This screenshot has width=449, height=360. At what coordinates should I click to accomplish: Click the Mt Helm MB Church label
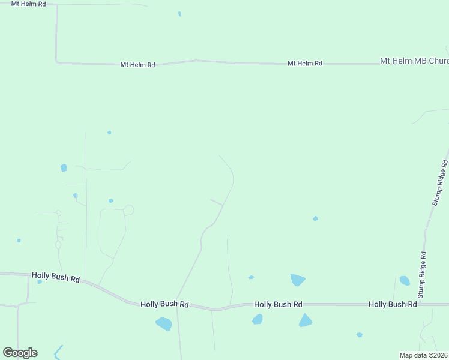click(414, 61)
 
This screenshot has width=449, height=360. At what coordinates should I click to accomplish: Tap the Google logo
click(20, 353)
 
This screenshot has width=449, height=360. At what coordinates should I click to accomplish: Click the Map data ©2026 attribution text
click(424, 355)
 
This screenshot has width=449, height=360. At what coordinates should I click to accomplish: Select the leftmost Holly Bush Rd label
click(56, 277)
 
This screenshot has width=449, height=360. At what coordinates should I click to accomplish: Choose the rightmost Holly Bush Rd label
click(393, 305)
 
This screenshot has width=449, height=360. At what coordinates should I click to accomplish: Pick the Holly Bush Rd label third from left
click(278, 305)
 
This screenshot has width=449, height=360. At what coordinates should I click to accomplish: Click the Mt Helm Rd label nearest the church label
click(305, 63)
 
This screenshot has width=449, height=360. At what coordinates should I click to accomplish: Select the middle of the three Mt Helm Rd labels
click(137, 64)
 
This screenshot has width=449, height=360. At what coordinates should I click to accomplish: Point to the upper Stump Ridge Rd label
click(440, 182)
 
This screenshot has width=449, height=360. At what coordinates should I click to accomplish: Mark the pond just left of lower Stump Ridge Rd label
click(405, 280)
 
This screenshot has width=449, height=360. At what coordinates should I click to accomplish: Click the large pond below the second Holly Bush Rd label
click(164, 324)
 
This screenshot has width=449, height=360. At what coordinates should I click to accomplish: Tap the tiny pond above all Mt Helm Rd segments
click(179, 13)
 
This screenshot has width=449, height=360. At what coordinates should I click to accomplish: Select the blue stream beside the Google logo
click(58, 352)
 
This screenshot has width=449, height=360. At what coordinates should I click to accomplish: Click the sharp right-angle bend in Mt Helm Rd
click(56, 61)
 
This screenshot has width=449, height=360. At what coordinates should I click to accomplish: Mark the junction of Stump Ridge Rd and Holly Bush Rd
click(420, 304)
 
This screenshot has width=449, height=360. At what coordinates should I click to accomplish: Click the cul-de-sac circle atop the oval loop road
click(128, 210)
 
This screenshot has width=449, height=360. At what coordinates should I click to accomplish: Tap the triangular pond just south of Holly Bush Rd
click(306, 320)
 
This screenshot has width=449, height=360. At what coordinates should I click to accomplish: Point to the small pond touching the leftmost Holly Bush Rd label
click(40, 281)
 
